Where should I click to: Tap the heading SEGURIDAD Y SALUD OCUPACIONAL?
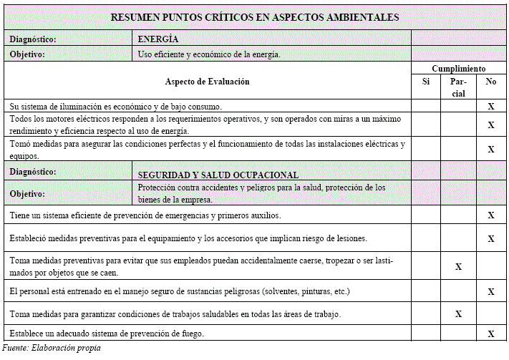pyautogui.click(x=218, y=175)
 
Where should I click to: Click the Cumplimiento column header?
pyautogui.click(x=459, y=69)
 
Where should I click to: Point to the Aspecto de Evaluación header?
pyautogui.click(x=208, y=82)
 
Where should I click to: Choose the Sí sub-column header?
pyautogui.click(x=426, y=82)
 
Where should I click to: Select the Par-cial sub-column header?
pyautogui.click(x=459, y=87)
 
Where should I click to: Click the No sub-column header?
pyautogui.click(x=491, y=82)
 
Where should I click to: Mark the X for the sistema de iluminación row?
pyautogui.click(x=491, y=106)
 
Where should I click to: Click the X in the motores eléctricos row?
pyautogui.click(x=491, y=125)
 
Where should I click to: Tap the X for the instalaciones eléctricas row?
pyautogui.click(x=491, y=150)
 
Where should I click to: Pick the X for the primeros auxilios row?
pyautogui.click(x=491, y=215)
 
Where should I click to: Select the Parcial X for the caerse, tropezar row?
pyautogui.click(x=459, y=267)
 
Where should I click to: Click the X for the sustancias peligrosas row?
pyautogui.click(x=491, y=292)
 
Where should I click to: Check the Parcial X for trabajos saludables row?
pyautogui.click(x=459, y=313)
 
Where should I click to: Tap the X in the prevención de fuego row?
pyautogui.click(x=491, y=334)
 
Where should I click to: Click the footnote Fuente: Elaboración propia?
pyautogui.click(x=52, y=349)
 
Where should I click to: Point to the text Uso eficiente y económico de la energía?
pyautogui.click(x=208, y=54)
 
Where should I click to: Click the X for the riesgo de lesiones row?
pyautogui.click(x=491, y=238)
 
